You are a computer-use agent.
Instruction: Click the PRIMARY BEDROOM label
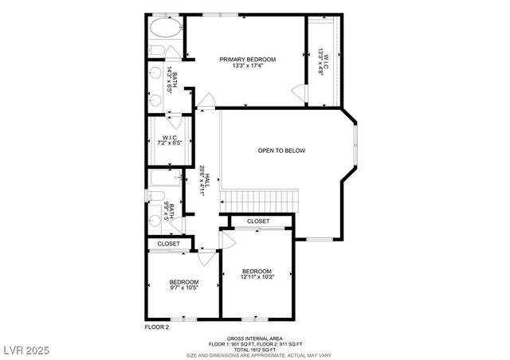pyautogui.click(x=248, y=60)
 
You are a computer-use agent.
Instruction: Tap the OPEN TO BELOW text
pyautogui.click(x=281, y=151)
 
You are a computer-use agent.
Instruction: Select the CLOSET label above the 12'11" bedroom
pyautogui.click(x=258, y=221)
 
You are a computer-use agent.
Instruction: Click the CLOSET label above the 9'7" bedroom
pyautogui.click(x=168, y=244)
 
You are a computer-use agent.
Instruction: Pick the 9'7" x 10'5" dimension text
pyautogui.click(x=183, y=288)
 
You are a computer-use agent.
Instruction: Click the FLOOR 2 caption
pyautogui.click(x=157, y=327)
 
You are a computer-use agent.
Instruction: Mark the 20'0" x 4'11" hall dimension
pyautogui.click(x=202, y=182)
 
